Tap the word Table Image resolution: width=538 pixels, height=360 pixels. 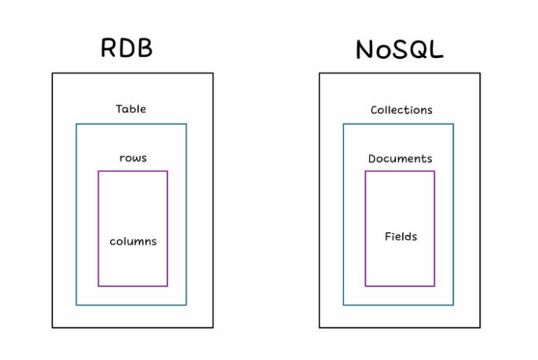tap(131, 109)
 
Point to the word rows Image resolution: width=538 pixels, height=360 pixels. tap(133, 157)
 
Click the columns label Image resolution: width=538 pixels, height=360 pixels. tap(133, 241)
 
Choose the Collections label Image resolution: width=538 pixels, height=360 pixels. tap(401, 110)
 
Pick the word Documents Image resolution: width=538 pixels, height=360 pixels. tap(400, 158)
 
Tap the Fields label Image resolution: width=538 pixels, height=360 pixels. tap(401, 237)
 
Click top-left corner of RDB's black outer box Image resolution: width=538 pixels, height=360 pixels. tap(52, 73)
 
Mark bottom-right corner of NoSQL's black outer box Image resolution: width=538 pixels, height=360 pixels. tap(480, 327)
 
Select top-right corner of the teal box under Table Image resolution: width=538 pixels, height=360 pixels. tap(187, 124)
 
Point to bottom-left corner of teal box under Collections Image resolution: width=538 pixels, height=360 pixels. tap(343, 305)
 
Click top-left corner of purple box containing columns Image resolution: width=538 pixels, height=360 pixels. tap(98, 171)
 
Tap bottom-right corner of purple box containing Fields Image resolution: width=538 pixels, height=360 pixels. tap(434, 286)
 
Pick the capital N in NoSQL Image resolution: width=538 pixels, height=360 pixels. tap(365, 49)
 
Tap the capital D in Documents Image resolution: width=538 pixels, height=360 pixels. tap(372, 158)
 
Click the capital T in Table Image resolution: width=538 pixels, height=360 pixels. tap(119, 109)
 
